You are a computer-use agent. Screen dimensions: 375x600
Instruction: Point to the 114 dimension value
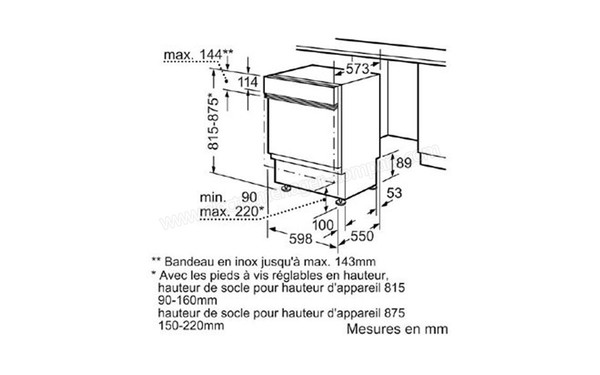245,81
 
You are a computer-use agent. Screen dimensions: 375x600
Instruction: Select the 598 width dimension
289,238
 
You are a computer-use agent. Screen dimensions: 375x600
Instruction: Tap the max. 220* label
229,210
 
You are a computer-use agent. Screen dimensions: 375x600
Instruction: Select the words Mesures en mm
397,327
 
